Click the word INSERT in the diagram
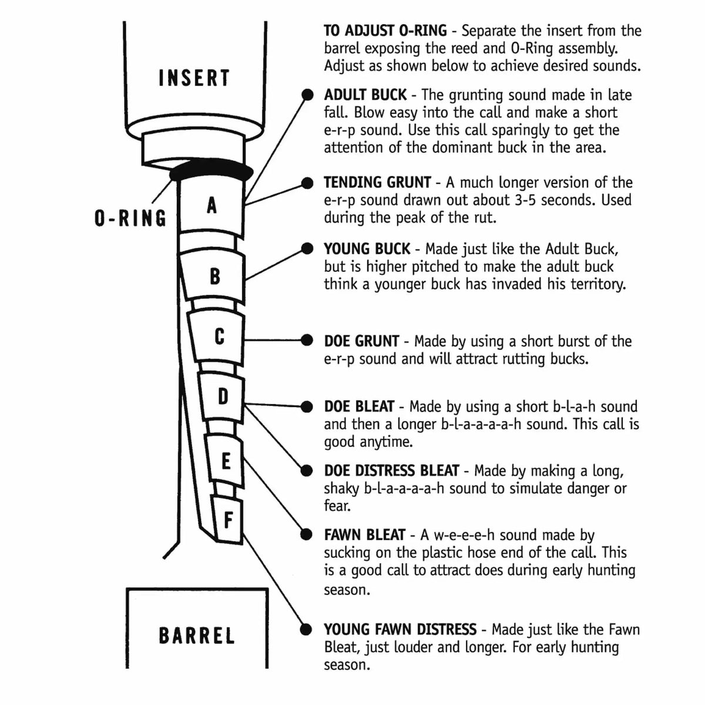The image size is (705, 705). coord(194,78)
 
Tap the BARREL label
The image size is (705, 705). coord(196,636)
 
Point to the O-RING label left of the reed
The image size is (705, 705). coord(130,219)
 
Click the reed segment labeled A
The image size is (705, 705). coord(211,206)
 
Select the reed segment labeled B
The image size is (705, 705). coord(215,275)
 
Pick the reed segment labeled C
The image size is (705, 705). coord(219,337)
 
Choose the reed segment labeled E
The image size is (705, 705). coord(226,462)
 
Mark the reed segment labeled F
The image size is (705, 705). coord(229,519)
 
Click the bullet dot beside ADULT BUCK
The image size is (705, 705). coord(307,95)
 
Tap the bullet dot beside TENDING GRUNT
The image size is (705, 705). coord(307,183)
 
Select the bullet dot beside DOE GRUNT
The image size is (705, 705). coord(307,340)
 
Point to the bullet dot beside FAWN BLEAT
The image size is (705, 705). coord(306,535)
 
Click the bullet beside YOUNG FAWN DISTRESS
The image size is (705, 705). coord(306,630)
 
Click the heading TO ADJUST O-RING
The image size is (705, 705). coord(385,30)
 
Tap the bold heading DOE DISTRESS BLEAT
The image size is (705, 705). coord(391,471)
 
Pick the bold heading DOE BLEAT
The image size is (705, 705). coord(359,407)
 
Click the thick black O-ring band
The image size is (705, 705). coord(211,172)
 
